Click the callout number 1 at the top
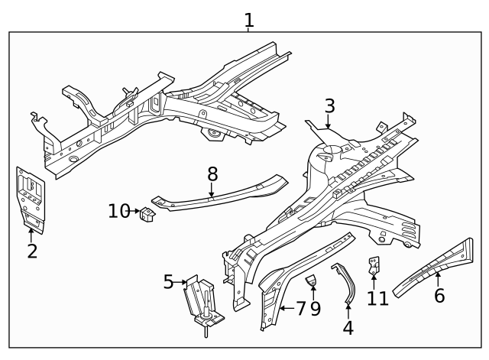click(x=248, y=20)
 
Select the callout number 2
click(x=32, y=251)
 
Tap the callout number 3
click(x=329, y=105)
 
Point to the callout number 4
click(x=348, y=328)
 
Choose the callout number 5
click(x=169, y=282)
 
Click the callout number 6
click(x=439, y=294)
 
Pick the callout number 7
click(x=300, y=308)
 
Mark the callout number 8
click(x=212, y=174)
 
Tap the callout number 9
click(x=315, y=308)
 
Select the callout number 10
click(x=119, y=210)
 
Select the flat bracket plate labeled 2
click(x=31, y=197)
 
